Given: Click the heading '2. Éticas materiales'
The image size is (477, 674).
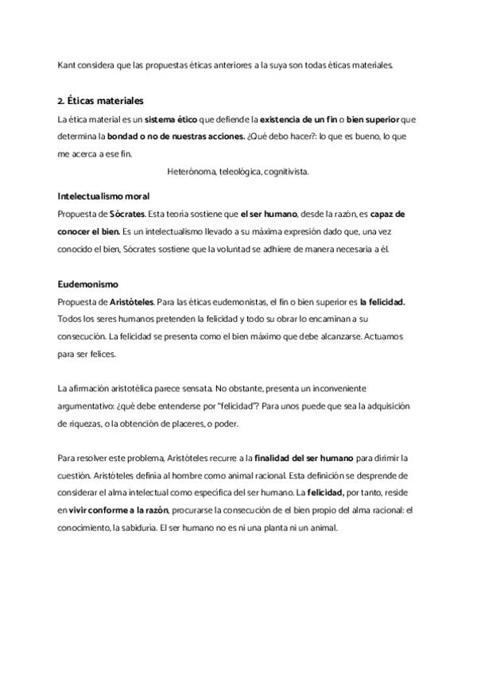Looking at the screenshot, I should (100, 101).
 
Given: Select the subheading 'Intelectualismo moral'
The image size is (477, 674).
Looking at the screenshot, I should (103, 196).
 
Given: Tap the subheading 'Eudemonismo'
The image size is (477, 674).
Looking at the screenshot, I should (87, 284).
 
